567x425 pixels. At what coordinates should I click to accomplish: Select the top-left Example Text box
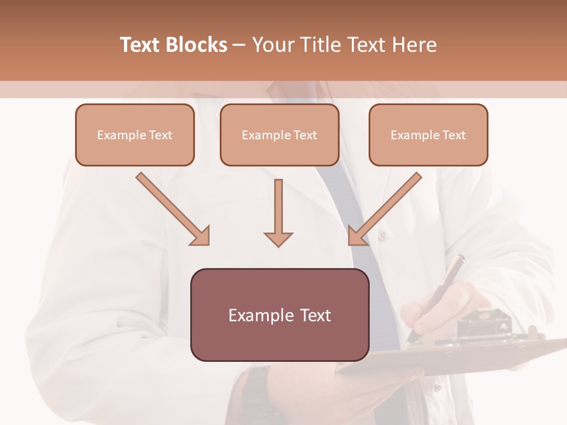click(135, 135)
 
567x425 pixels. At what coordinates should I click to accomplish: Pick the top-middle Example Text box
click(279, 135)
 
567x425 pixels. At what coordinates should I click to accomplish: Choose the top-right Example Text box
click(428, 135)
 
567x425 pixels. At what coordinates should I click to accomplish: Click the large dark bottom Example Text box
click(279, 315)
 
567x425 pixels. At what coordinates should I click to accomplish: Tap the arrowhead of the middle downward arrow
click(278, 239)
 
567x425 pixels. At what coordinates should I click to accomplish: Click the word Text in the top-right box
click(454, 135)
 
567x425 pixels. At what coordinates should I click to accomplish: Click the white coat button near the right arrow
click(382, 235)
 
